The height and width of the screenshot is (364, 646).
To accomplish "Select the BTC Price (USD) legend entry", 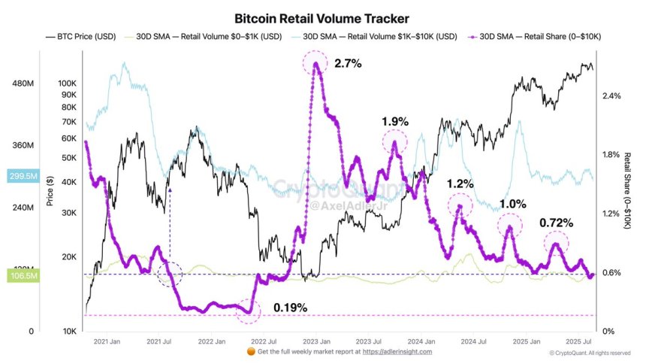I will coord(82,35).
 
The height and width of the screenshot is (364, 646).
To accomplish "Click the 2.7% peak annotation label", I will coord(348,64).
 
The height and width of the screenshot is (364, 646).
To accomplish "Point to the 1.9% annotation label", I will coord(394,121).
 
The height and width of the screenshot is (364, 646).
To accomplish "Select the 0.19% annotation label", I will coord(290,308).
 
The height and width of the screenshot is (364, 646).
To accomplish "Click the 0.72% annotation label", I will coord(557,223).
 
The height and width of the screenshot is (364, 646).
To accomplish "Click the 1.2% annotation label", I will coord(460,183).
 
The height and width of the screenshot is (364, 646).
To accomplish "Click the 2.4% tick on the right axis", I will coord(611,96).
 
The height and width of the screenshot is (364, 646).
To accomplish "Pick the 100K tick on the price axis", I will coord(68,83).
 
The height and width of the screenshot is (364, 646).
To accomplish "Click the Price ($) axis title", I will coord(50,191).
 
